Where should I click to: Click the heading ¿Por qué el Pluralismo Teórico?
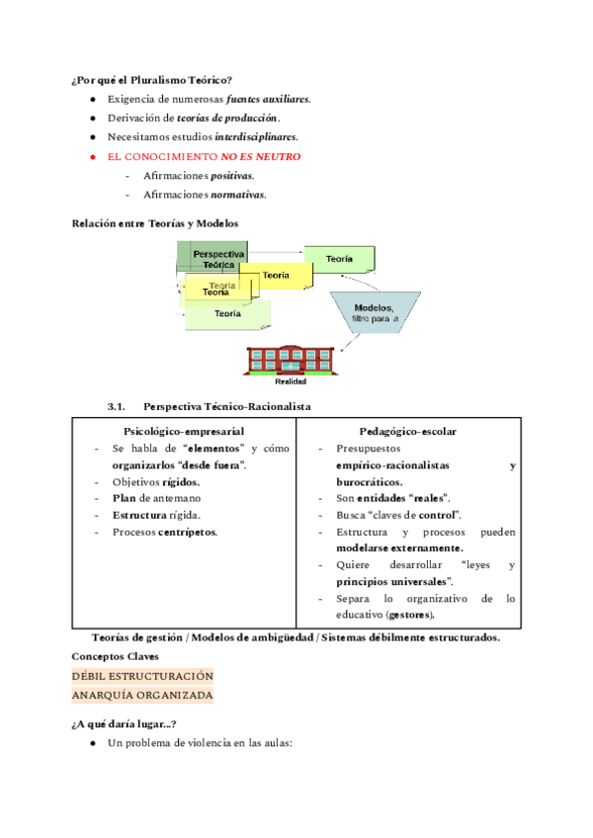tap(152, 79)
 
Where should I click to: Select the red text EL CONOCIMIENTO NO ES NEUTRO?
tap(205, 156)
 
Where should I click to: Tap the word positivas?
tap(231, 175)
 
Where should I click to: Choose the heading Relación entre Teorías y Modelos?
tap(155, 223)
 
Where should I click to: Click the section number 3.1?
tap(118, 406)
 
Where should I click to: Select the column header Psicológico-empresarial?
tap(184, 431)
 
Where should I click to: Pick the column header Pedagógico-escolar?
tap(408, 431)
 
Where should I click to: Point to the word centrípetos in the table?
tap(192, 532)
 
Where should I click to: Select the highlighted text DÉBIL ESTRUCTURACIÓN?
tap(142, 676)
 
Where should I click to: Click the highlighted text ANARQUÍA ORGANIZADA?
tap(142, 695)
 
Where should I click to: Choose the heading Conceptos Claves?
tap(115, 656)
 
